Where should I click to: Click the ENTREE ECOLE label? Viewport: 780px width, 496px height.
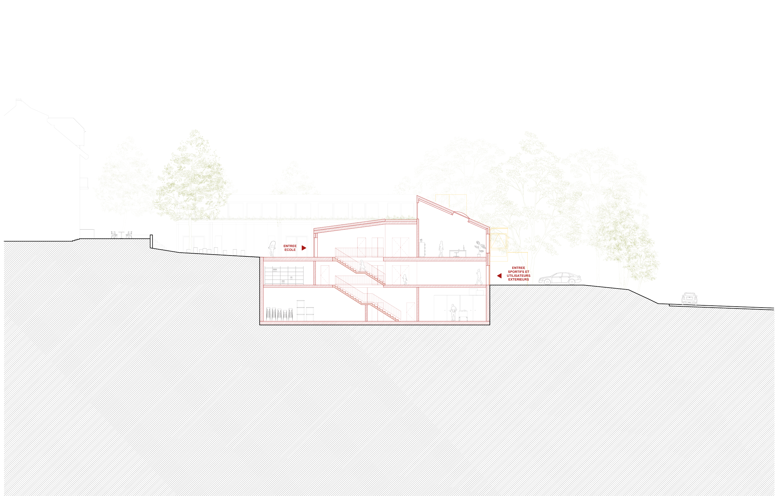[290, 248]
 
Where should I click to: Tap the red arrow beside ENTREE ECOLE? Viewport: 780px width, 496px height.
[304, 248]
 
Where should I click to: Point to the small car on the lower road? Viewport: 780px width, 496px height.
[689, 298]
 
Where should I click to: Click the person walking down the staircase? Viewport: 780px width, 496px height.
[363, 266]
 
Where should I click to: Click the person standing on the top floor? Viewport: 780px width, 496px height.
[441, 249]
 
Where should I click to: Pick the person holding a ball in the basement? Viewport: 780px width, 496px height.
[453, 312]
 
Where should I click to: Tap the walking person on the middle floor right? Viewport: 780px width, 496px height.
[479, 277]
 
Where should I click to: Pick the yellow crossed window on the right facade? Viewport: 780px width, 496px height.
[498, 239]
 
